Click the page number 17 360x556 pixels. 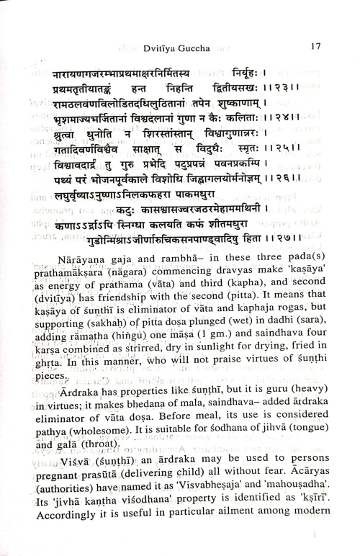tap(316, 47)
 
